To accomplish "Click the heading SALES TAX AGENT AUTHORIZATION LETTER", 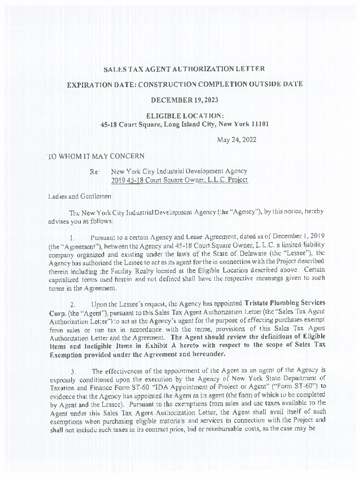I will pyautogui.click(x=184, y=69).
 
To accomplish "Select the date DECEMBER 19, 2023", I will pyautogui.click(x=184, y=100).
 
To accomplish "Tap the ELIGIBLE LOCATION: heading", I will pyautogui.click(x=184, y=116).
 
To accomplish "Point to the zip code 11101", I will pyautogui.click(x=258, y=124).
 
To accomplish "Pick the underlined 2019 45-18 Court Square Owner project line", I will pyautogui.click(x=179, y=180).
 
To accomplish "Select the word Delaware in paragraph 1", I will pyautogui.click(x=259, y=254).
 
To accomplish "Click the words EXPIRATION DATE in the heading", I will pyautogui.click(x=97, y=84).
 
